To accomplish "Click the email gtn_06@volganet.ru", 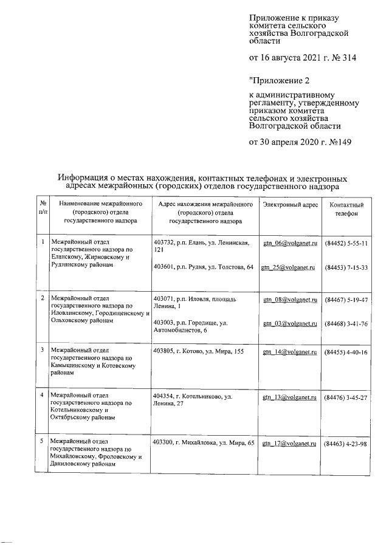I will point(290,243).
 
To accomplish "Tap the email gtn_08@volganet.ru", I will point(290,300).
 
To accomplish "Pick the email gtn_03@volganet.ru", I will point(290,324).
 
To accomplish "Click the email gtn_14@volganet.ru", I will point(290,352).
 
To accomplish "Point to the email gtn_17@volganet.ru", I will point(290,444).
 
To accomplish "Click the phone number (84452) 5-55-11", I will point(346,243).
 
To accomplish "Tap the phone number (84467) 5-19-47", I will point(346,300).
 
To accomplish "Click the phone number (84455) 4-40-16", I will point(346,352).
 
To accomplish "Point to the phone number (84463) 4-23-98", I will point(346,444).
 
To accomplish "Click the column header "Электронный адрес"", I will point(290,205).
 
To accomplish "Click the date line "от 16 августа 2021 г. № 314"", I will point(302,59).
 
